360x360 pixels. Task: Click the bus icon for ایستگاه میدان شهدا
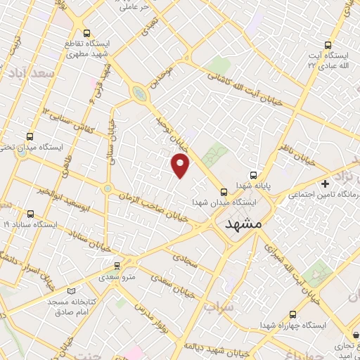pyautogui.click(x=224, y=191)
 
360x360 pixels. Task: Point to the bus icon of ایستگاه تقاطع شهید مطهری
pyautogui.click(x=86, y=34)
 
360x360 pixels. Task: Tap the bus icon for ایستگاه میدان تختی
pyautogui.click(x=30, y=136)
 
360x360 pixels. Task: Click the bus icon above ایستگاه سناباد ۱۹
pyautogui.click(x=30, y=214)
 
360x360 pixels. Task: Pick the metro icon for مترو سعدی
pyautogui.click(x=117, y=265)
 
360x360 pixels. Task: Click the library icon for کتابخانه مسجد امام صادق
pyautogui.click(x=70, y=290)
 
